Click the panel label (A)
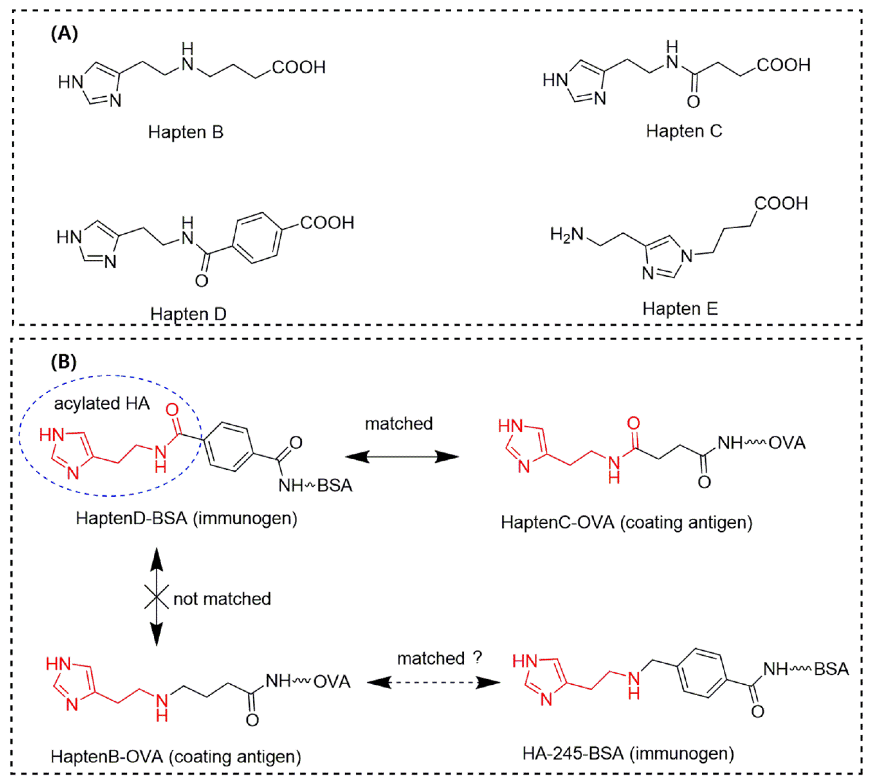tap(64, 33)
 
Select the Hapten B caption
tap(186, 132)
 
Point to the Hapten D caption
tap(188, 314)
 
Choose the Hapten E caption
tap(680, 309)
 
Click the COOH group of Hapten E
tap(781, 203)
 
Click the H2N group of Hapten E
tap(566, 235)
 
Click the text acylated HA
tap(102, 404)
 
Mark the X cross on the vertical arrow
tap(156, 597)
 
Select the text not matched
tap(222, 599)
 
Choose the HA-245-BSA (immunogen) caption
tap(628, 753)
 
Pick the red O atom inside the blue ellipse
tap(172, 410)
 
